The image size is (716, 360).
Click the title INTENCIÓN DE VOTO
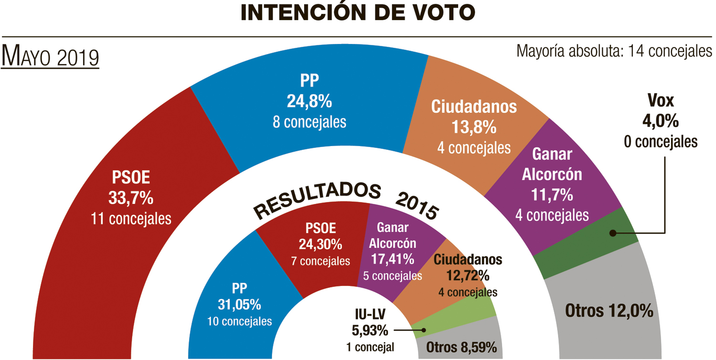[x=358, y=13]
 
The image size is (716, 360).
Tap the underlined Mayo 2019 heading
[x=50, y=57]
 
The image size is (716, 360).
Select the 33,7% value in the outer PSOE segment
[x=131, y=198]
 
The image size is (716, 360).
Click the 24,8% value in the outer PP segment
[x=309, y=101]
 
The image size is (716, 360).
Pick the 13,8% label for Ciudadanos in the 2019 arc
[x=474, y=127]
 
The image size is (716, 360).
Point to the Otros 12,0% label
[x=609, y=311]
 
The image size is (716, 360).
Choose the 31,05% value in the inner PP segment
[x=240, y=304]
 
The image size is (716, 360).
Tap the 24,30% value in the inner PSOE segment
[x=320, y=244]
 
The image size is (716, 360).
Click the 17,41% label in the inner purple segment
[x=392, y=259]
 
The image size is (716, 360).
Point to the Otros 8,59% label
[x=462, y=348]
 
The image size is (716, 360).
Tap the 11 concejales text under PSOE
[x=131, y=219]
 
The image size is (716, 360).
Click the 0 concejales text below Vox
[x=660, y=142]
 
